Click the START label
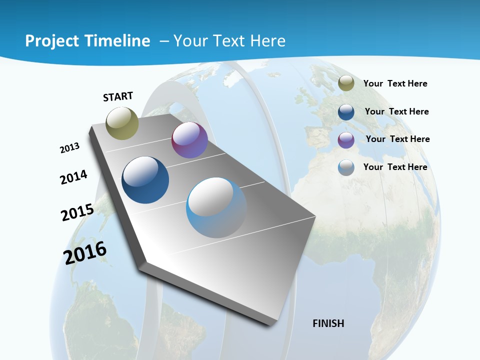pyautogui.click(x=118, y=96)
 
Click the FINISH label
pyautogui.click(x=328, y=323)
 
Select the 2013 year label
pyautogui.click(x=69, y=148)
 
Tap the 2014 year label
pyautogui.click(x=73, y=177)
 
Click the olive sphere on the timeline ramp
pyautogui.click(x=122, y=123)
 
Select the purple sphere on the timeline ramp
pyautogui.click(x=189, y=140)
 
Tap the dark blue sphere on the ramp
pyautogui.click(x=145, y=180)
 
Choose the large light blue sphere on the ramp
pyautogui.click(x=216, y=207)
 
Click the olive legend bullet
pyautogui.click(x=346, y=83)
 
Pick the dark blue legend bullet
pyautogui.click(x=346, y=112)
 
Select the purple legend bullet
pyautogui.click(x=346, y=140)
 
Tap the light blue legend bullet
pyautogui.click(x=346, y=167)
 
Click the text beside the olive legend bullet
pyautogui.click(x=395, y=83)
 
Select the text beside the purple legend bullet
pyautogui.click(x=397, y=139)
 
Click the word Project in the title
pyautogui.click(x=51, y=41)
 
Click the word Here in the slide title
pyautogui.click(x=267, y=41)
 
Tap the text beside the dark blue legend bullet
pyautogui.click(x=396, y=111)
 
